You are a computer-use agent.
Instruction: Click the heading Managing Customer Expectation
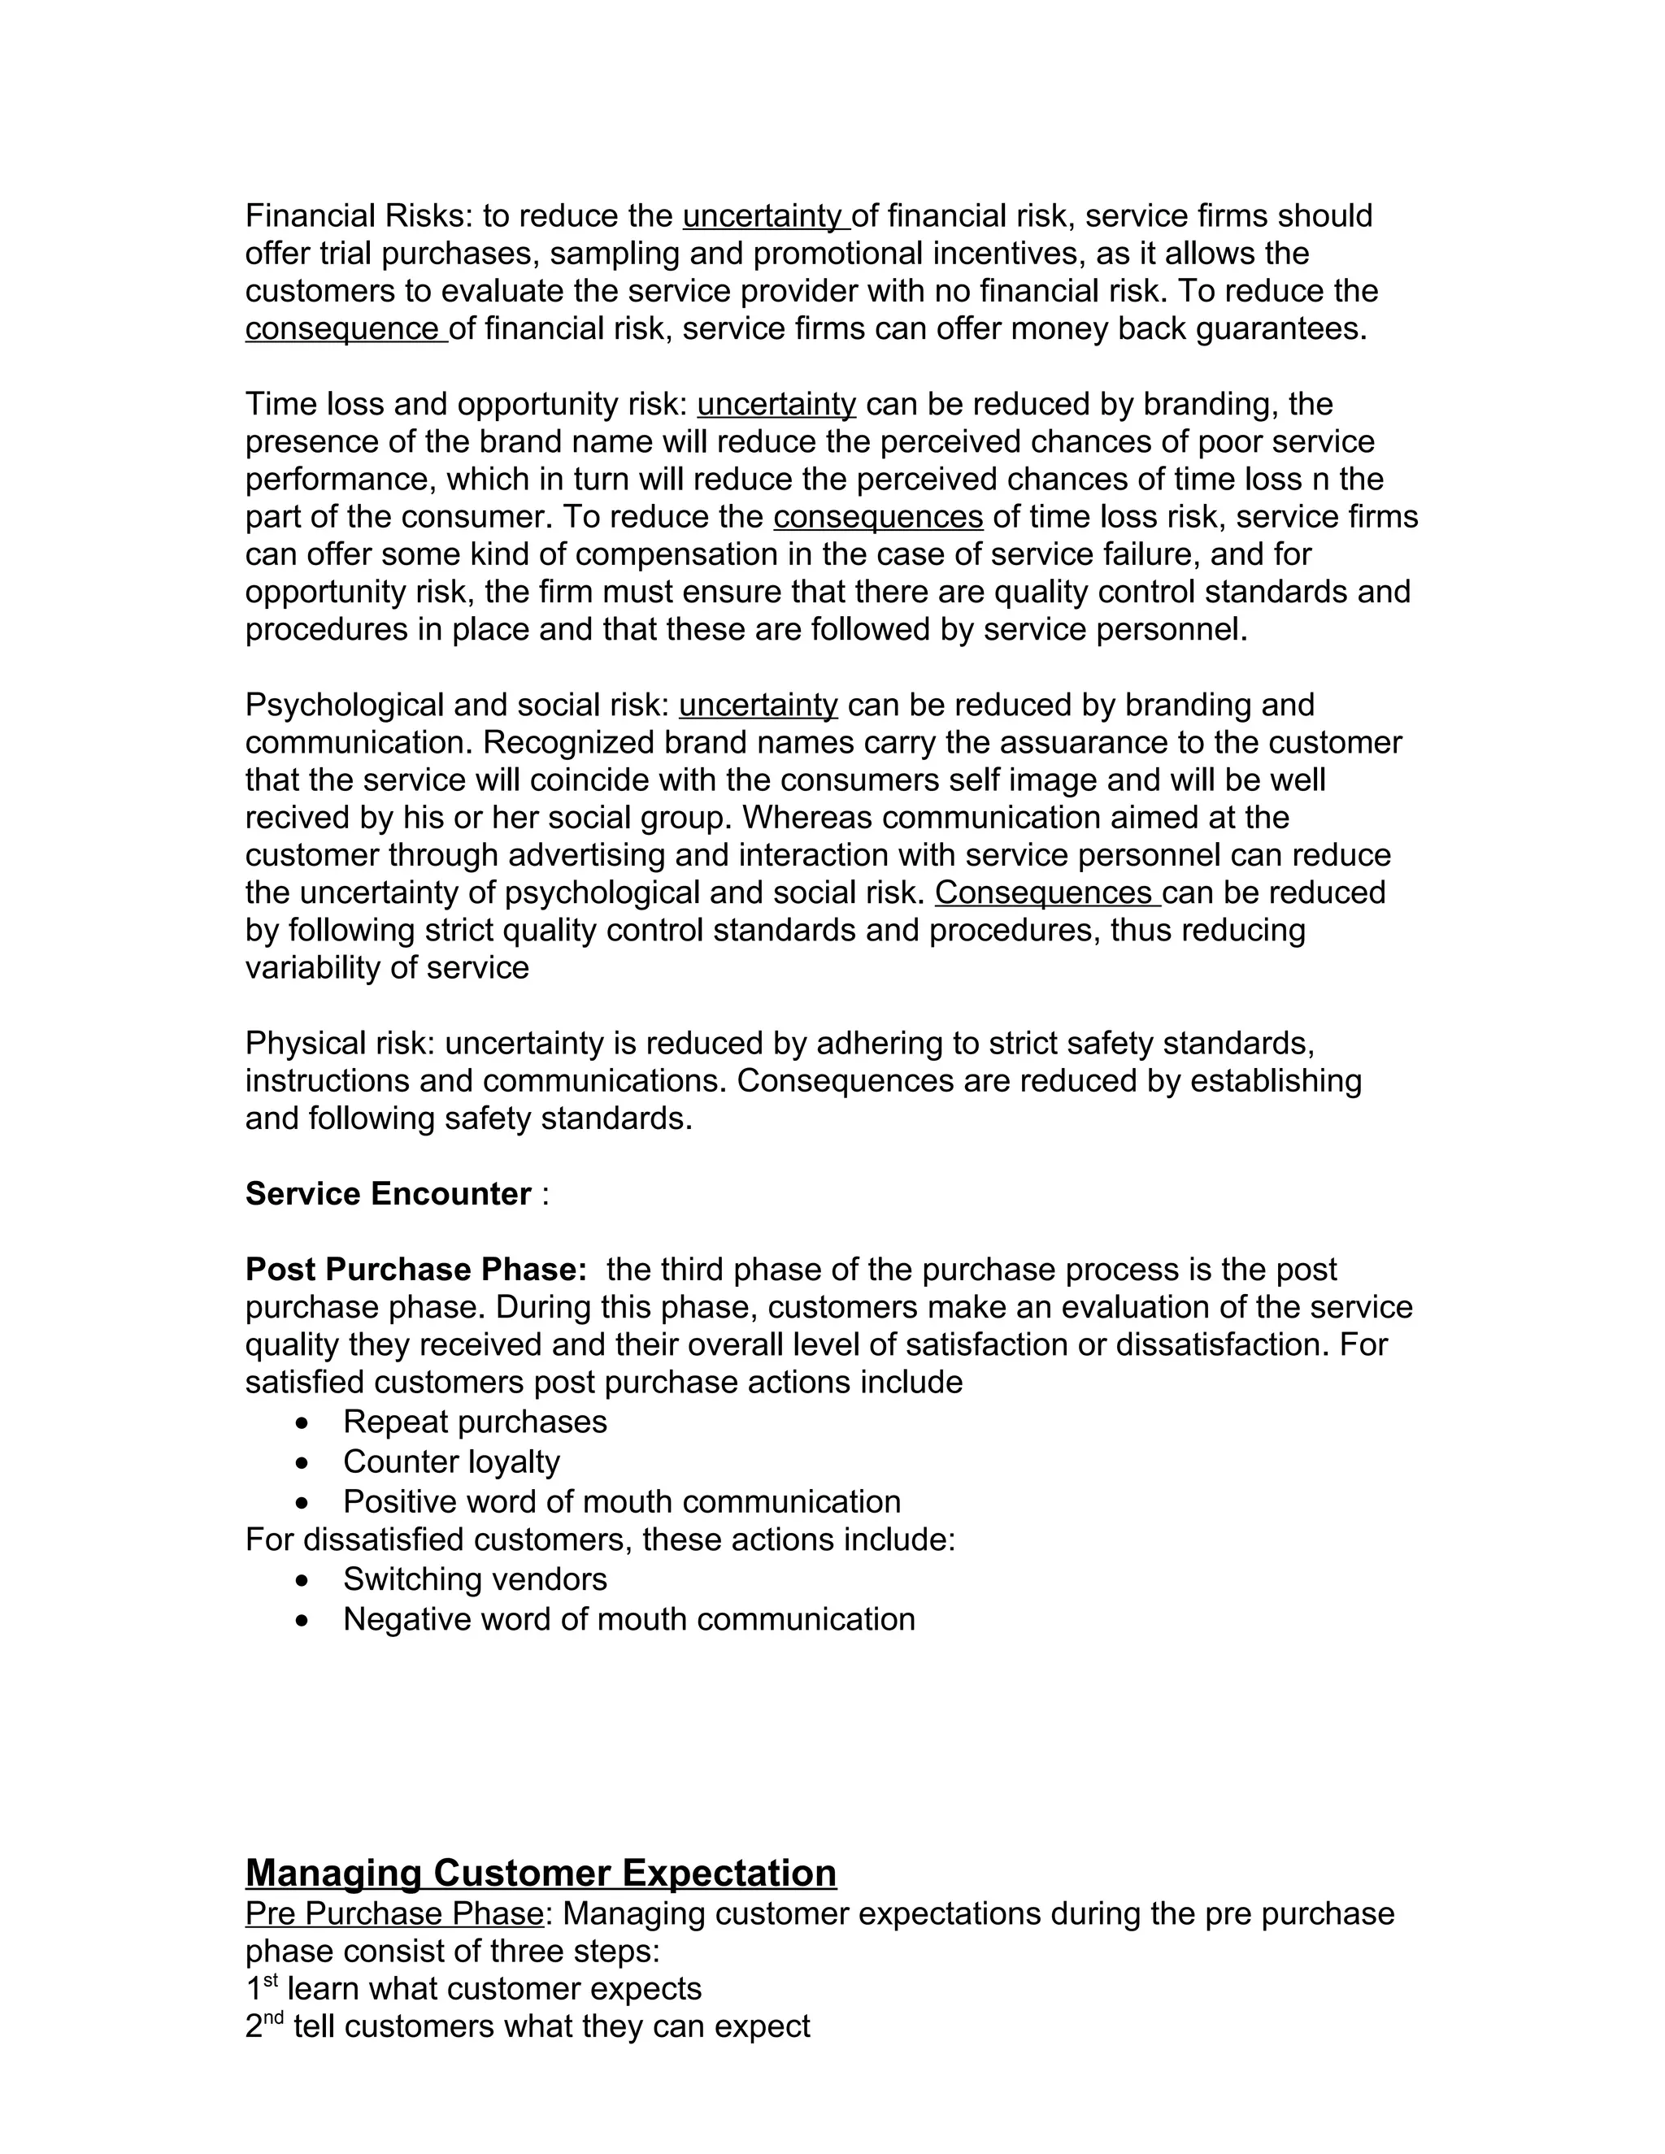541,1873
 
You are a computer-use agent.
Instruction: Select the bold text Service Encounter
389,1194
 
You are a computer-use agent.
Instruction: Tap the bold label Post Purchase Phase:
416,1270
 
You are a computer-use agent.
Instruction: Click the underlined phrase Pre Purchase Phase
394,1914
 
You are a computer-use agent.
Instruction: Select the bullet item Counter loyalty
450,1461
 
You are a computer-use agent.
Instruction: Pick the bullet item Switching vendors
475,1579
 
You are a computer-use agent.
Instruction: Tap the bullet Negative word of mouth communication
628,1619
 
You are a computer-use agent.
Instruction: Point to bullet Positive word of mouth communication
621,1502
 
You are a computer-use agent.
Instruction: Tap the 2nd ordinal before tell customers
264,2026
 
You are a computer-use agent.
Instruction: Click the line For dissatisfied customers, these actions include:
600,1540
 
